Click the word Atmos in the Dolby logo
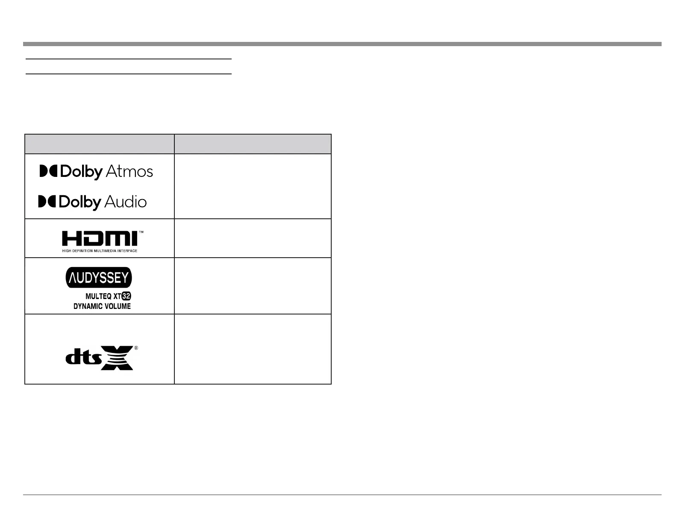[129, 172]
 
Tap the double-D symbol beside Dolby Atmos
[48, 171]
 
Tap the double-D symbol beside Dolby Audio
[47, 202]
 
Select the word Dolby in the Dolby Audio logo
[80, 202]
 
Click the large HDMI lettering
[100, 239]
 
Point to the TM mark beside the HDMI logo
[141, 232]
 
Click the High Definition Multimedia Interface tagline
[100, 251]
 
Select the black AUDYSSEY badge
[99, 278]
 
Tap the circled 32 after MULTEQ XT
[126, 296]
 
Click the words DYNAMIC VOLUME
[102, 306]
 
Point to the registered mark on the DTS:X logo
[136, 348]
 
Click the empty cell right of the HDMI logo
[253, 238]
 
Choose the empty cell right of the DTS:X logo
[253, 349]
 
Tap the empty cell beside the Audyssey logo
[253, 286]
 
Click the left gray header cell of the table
[100, 144]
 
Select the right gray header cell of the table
[253, 144]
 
